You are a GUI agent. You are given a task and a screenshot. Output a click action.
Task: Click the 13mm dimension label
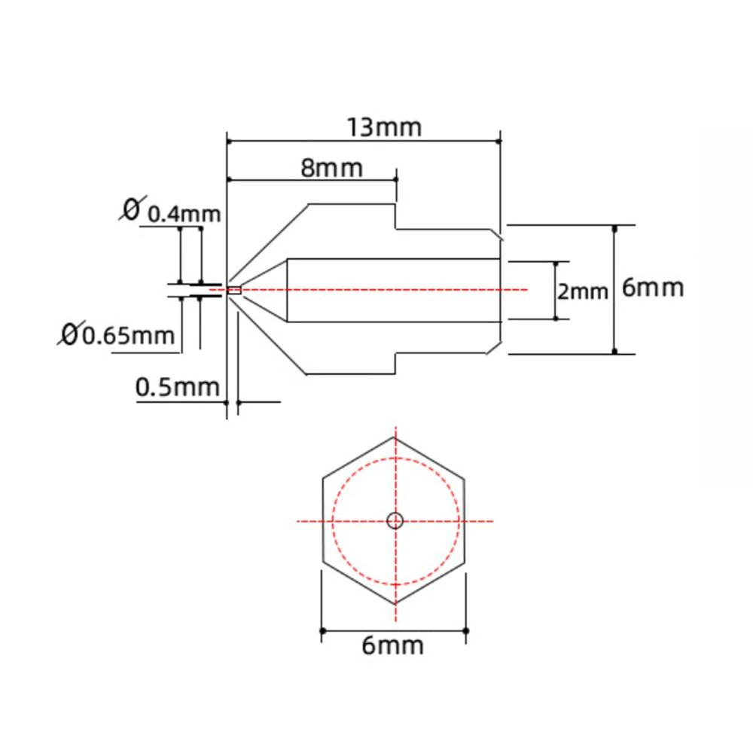tap(384, 127)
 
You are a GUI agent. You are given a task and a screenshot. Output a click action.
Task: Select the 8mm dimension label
tap(331, 168)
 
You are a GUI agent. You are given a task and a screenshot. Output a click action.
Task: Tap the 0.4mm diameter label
tap(184, 214)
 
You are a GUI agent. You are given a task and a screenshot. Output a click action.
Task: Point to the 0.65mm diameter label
tap(128, 336)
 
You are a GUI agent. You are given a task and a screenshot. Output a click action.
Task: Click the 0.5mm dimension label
tap(177, 387)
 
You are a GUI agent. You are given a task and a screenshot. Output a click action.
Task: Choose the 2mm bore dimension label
tap(582, 291)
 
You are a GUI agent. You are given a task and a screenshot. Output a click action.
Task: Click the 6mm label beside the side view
tap(653, 288)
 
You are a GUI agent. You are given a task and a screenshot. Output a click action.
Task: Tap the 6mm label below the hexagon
tap(392, 645)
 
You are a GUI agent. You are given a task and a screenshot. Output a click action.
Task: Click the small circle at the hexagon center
tap(395, 520)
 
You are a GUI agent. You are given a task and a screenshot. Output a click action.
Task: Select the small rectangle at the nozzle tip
tap(234, 290)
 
